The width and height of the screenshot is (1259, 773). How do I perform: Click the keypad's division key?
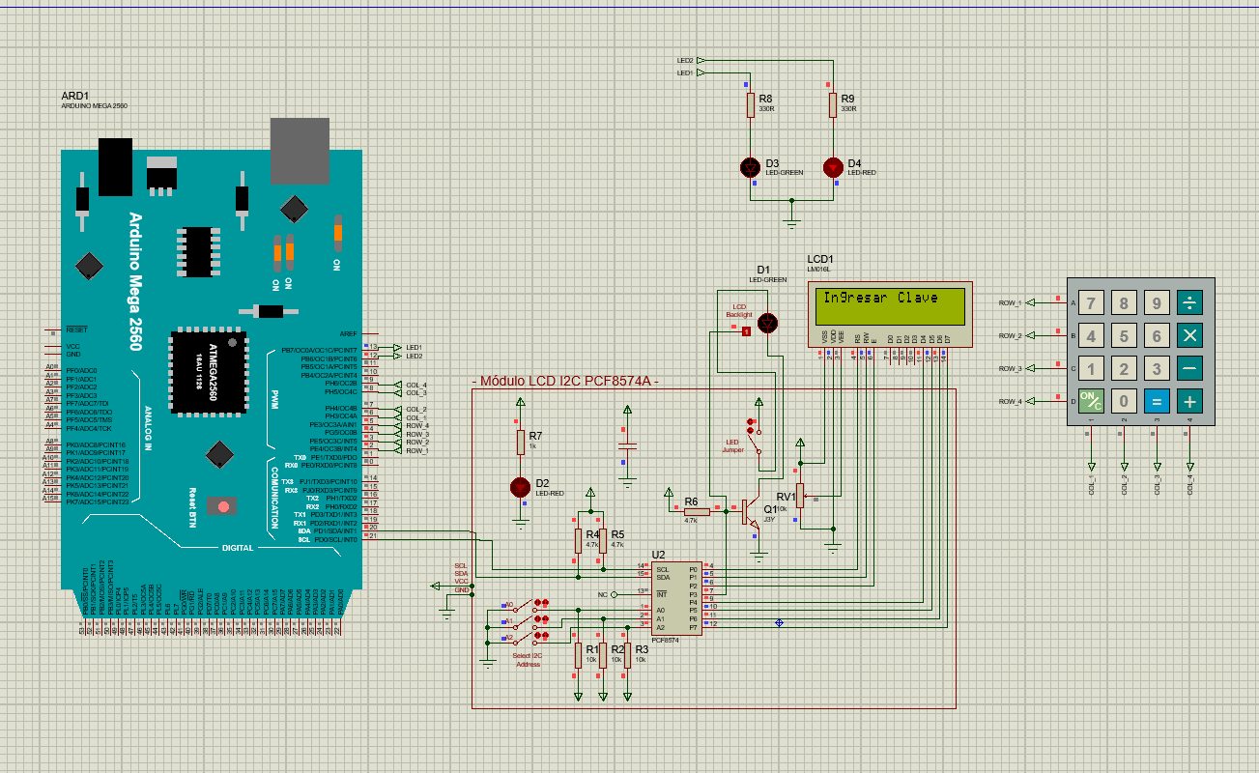[x=1189, y=303]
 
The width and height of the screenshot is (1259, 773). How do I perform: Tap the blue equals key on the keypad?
[x=1157, y=401]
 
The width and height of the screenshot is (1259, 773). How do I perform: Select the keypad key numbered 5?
[x=1124, y=336]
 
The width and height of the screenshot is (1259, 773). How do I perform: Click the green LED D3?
[x=751, y=167]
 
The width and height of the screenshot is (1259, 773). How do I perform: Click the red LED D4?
[x=833, y=167]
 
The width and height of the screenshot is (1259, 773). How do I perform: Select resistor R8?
[x=751, y=104]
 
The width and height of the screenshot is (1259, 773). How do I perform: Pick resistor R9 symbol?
[x=833, y=104]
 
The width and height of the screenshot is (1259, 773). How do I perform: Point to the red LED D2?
[x=520, y=486]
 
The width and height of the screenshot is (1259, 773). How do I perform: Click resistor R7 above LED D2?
[x=520, y=443]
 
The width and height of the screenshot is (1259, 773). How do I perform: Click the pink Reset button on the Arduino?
[x=224, y=505]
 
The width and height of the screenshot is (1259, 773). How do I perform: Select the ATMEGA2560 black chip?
[x=207, y=372]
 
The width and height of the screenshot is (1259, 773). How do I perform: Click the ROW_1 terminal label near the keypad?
[x=1010, y=303]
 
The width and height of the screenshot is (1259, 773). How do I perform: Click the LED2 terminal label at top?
[x=685, y=60]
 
